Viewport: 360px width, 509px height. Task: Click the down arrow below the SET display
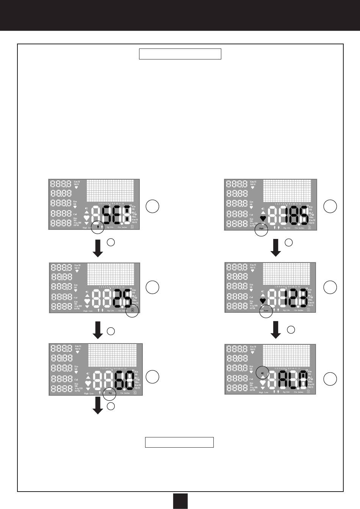(98, 248)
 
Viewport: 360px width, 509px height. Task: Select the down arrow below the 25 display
(98, 330)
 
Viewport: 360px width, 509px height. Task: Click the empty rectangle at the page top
(180, 54)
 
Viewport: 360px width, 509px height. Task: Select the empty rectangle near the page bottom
(179, 442)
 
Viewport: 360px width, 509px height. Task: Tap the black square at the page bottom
(180, 501)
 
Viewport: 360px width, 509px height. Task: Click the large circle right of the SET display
(153, 206)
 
